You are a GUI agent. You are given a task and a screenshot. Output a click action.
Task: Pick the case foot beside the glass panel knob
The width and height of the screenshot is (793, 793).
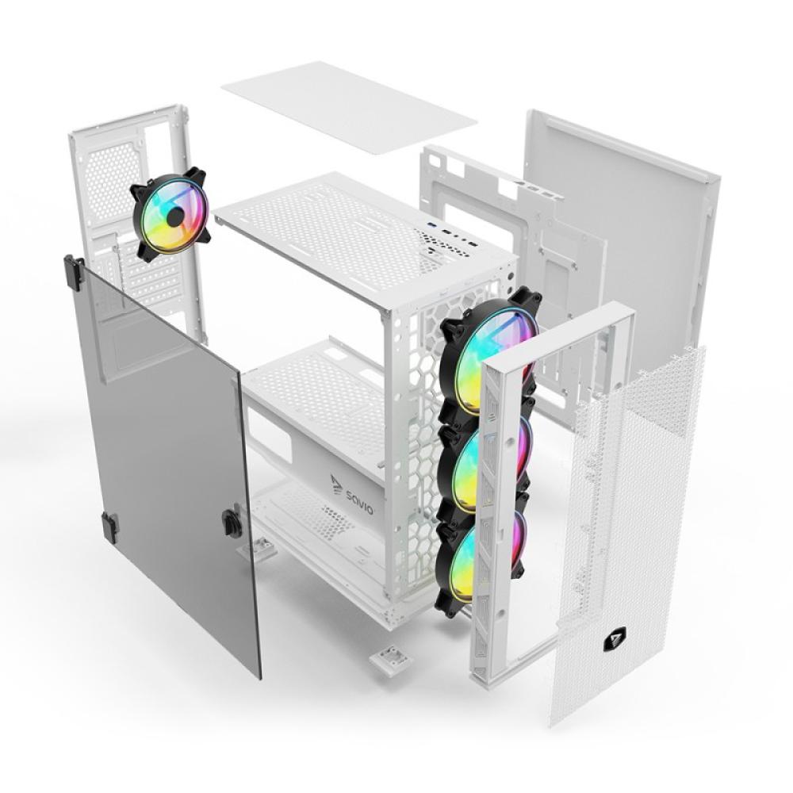[261, 546]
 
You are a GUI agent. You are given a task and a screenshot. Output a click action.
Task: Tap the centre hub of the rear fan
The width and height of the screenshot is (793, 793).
[173, 214]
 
